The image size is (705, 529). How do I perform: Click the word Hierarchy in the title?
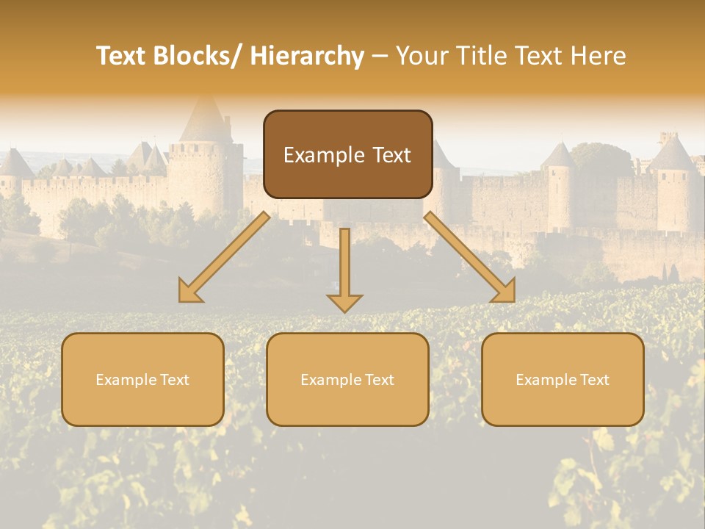click(307, 57)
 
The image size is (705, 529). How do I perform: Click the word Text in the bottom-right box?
click(593, 380)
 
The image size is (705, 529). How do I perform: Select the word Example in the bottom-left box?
click(126, 380)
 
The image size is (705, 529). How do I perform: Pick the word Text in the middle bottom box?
click(378, 380)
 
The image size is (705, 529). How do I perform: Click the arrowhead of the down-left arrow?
click(189, 292)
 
